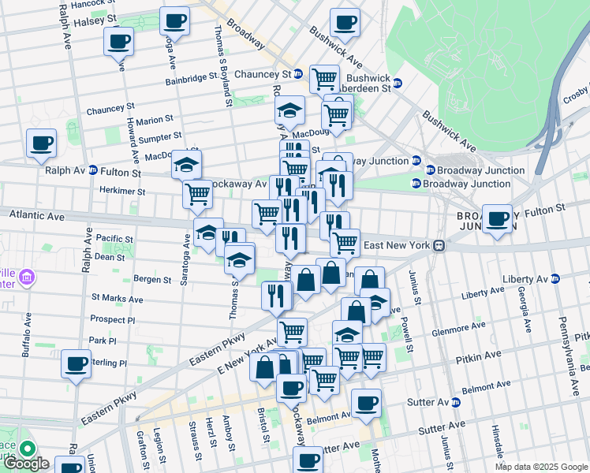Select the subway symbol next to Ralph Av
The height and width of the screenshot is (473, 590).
93,170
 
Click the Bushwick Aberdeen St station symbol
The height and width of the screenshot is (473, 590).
398,83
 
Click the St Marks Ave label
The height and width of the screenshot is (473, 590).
117,299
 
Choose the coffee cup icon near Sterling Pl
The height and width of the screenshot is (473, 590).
77,363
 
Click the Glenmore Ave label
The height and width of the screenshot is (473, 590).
459,326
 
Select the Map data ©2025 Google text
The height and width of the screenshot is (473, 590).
541,467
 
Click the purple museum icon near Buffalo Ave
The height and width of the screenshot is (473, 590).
28,277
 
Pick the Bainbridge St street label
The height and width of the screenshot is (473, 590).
192,79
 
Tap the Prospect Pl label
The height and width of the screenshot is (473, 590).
113,320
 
